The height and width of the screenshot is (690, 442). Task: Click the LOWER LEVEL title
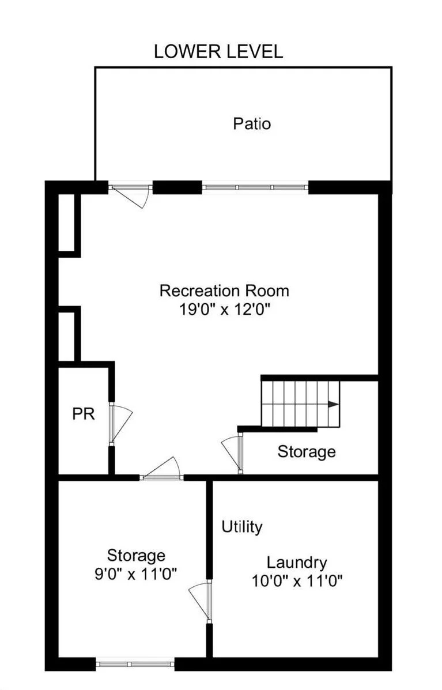[218, 51]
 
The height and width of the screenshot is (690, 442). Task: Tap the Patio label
[252, 123]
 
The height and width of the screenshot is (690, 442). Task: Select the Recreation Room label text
[224, 290]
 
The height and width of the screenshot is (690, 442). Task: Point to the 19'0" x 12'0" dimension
[224, 310]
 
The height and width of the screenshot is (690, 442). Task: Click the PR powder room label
[84, 414]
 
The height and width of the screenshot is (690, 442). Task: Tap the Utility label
[242, 526]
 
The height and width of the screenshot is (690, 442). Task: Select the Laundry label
[297, 562]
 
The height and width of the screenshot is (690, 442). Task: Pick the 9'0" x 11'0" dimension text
[136, 574]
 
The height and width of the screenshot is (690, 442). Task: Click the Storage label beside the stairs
[307, 451]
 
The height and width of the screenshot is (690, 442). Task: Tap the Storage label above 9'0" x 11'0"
[136, 556]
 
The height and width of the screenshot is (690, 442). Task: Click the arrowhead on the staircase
[333, 405]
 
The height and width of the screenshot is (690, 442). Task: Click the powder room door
[119, 423]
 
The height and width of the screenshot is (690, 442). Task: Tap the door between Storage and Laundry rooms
[202, 601]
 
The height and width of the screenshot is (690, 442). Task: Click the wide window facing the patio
[255, 187]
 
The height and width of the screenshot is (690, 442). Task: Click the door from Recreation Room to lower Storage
[163, 470]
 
